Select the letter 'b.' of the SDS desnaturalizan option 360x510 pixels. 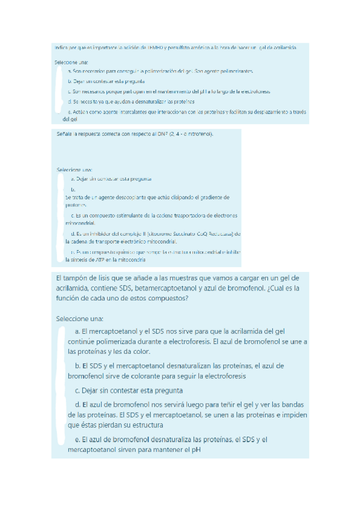point(78,366)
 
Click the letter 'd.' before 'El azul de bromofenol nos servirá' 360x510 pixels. point(77,404)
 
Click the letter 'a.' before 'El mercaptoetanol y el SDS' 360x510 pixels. point(78,331)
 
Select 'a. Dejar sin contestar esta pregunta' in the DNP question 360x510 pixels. point(111,179)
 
